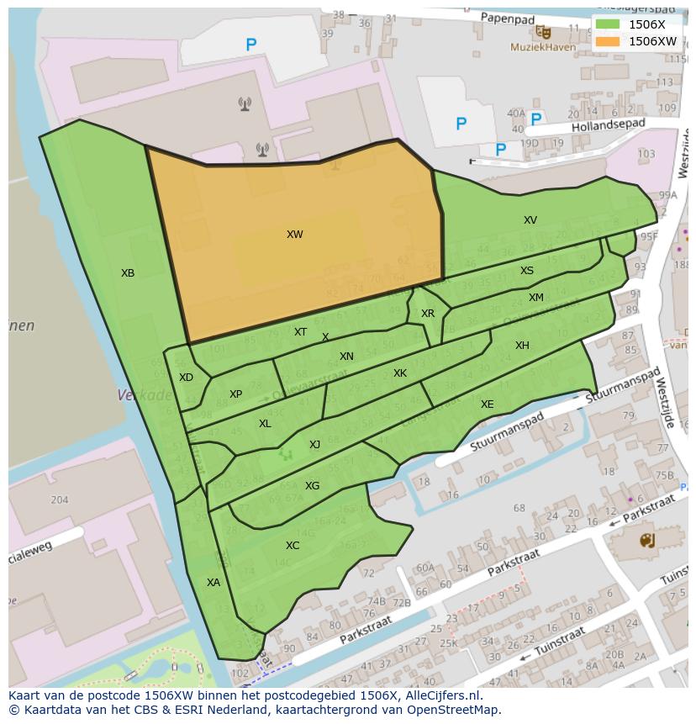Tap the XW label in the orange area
coord(294,235)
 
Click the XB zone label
coord(128,273)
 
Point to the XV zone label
coord(530,220)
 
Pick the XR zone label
coord(428,314)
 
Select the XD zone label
coord(186,378)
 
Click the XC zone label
coord(293,546)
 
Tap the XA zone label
coord(214,582)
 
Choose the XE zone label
coord(488,404)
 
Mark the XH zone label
coord(522,346)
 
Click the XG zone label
coord(312,486)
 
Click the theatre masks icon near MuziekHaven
coord(545,31)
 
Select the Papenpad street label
coord(508,18)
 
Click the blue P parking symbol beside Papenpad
coord(250,45)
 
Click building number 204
coord(59,499)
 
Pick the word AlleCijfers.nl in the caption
coord(441,695)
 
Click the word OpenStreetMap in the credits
coord(451,710)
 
